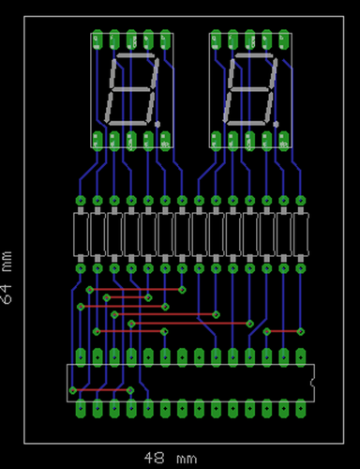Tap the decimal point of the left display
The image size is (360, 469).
pos(159,123)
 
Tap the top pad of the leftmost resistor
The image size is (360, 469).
pos(81,201)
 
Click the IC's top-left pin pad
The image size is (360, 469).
pos(81,356)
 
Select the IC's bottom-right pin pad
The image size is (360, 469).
pos(301,410)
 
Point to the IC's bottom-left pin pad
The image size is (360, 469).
pos(81,410)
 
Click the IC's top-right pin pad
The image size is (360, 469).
pos(301,356)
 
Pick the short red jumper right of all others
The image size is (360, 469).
pos(284,331)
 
